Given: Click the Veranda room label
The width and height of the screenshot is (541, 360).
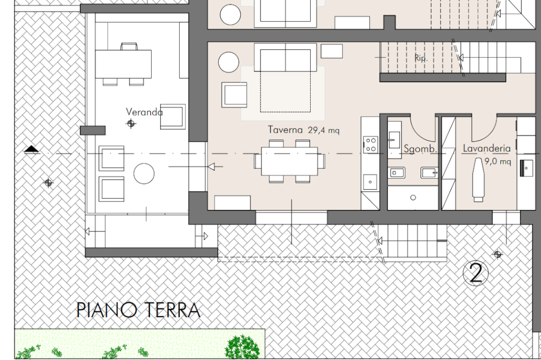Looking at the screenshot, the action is [144, 112].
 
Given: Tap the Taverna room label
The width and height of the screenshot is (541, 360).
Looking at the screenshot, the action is [285, 130].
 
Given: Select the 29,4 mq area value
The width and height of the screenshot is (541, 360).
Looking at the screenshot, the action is [324, 130].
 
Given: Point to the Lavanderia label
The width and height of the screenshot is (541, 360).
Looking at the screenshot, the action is [487, 149].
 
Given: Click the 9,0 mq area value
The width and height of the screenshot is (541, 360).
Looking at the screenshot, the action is [498, 161].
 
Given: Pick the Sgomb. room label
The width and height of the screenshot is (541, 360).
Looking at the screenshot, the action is [421, 149].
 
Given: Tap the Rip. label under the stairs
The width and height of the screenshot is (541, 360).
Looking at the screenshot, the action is [421, 58].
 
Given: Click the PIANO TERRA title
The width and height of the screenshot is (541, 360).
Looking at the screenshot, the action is [138, 310].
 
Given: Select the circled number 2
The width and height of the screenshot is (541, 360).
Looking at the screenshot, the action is [476, 273].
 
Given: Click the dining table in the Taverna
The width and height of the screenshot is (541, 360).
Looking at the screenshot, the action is [290, 161].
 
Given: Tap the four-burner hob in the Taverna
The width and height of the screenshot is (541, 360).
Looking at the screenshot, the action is [370, 145].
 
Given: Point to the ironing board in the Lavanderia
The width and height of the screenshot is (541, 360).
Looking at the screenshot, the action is [478, 180].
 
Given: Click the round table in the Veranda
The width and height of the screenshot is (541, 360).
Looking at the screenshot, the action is [144, 173].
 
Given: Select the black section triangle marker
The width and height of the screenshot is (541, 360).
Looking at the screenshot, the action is [32, 149].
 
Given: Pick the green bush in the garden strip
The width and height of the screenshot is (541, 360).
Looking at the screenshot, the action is [242, 347].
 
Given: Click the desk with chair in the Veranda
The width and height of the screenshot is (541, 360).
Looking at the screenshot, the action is [123, 64].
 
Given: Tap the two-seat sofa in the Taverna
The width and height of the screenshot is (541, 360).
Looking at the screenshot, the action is [285, 57].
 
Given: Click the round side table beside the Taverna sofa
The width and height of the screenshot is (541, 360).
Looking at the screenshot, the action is [229, 62].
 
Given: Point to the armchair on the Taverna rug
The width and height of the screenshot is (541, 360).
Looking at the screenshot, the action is [234, 95].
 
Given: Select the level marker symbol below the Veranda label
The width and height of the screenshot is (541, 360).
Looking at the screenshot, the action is [131, 123].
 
